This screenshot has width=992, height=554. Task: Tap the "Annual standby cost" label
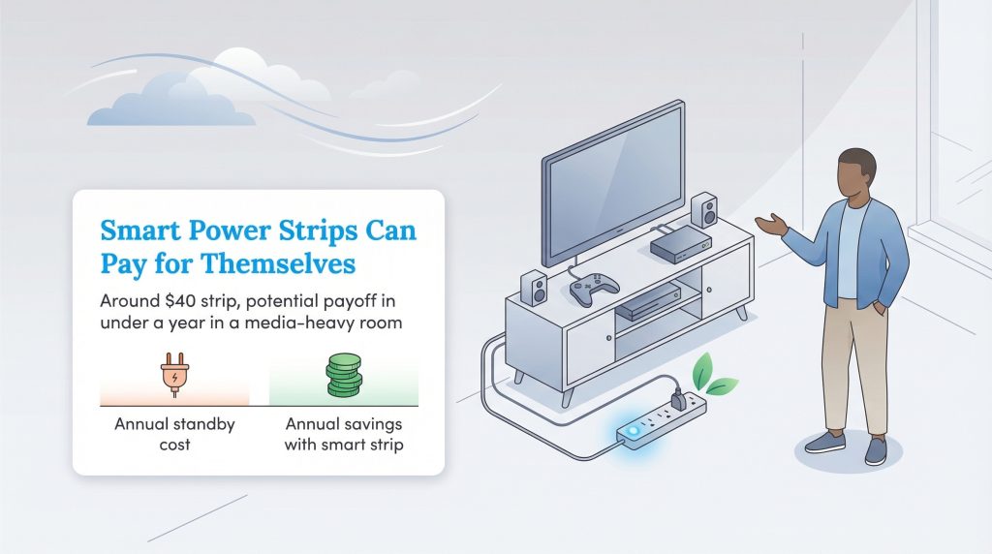[174, 435]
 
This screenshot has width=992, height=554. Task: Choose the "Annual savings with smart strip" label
[343, 435]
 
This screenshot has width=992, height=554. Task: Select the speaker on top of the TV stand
[703, 209]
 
